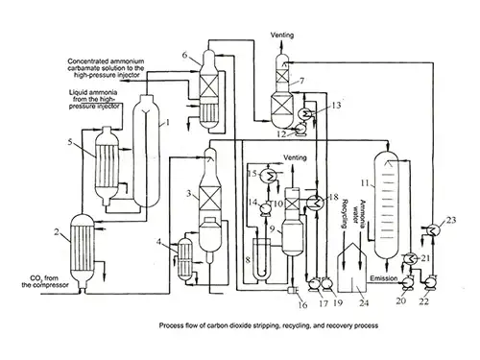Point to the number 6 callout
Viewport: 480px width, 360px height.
click(x=184, y=56)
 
